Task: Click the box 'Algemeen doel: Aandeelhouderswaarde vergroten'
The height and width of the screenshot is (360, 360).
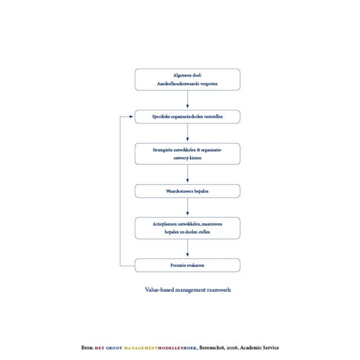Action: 187,79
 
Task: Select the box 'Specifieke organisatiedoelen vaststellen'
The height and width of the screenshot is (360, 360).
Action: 187,117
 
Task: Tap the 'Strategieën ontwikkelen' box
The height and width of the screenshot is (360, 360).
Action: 187,154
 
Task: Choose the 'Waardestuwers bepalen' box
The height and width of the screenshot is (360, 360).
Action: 187,191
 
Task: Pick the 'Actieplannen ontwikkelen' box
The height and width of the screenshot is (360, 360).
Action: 187,228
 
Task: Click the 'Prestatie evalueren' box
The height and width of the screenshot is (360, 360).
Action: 187,265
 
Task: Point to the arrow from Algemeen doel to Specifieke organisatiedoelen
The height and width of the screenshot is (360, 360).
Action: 187,100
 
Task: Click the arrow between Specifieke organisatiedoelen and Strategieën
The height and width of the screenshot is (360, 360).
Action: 187,133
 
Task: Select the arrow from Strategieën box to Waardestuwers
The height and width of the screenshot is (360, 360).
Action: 187,174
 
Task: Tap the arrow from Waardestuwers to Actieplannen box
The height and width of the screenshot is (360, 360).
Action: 187,207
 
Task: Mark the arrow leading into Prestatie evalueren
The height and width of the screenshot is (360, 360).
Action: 187,249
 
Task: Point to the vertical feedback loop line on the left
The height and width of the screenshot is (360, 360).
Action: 120,191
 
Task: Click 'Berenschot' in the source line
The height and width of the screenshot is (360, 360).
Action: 213,348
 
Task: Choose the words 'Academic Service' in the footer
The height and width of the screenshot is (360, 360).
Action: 260,348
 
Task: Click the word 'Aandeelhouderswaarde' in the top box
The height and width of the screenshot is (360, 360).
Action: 175,84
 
